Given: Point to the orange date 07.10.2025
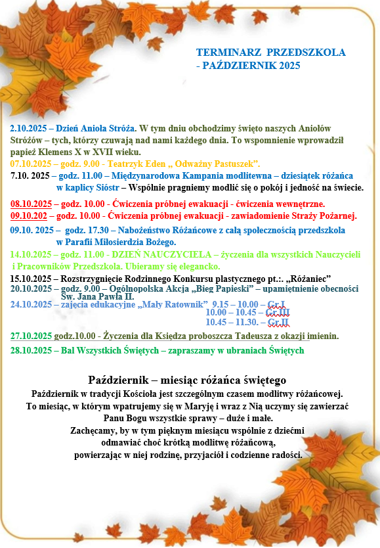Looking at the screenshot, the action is [x=31, y=163].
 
